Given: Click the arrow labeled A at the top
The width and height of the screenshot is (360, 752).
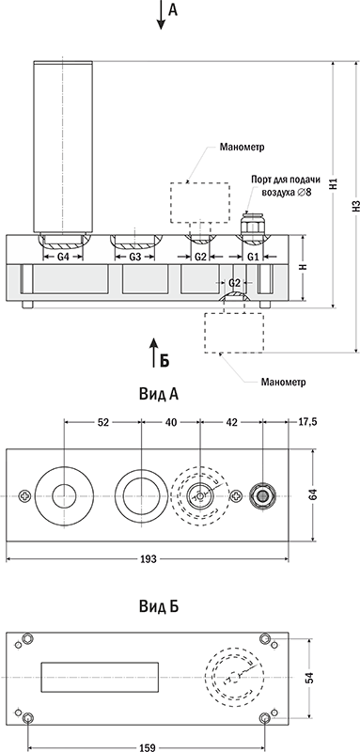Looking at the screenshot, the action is [161, 15].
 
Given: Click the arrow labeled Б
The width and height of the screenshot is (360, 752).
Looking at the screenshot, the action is [153, 352].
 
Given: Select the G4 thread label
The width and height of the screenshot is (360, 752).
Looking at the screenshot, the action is [63, 257].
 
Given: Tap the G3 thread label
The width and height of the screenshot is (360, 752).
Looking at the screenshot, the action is [135, 257].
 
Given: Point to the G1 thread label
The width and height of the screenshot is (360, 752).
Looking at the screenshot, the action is [253, 257].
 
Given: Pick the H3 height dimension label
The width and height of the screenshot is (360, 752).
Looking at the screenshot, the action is [355, 206].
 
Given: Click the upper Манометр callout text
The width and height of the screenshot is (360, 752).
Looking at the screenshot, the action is [243, 147].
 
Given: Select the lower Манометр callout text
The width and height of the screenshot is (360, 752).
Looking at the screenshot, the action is [283, 383].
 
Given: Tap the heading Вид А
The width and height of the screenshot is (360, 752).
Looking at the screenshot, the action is [159, 394].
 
